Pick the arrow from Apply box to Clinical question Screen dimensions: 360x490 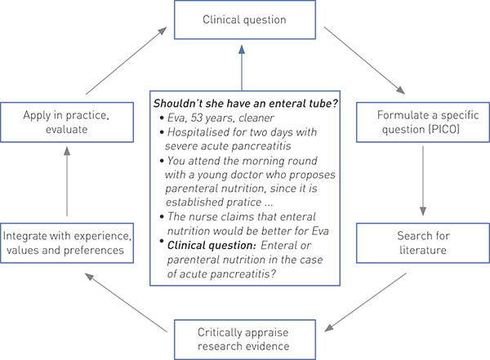click(x=122, y=61)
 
